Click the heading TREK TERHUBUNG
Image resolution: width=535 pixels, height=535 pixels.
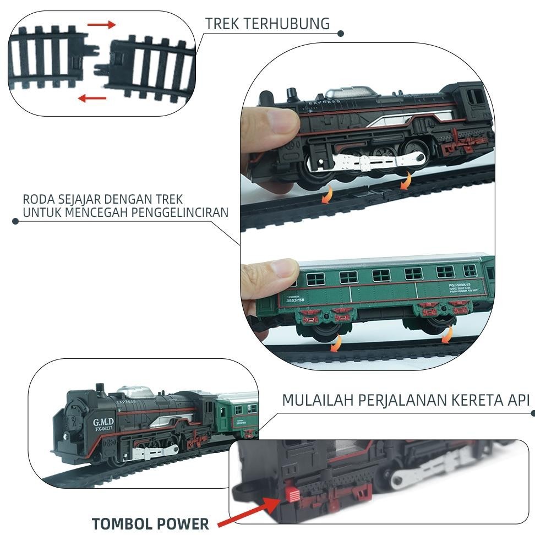tap(267, 24)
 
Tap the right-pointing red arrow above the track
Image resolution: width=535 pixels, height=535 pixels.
tap(102, 25)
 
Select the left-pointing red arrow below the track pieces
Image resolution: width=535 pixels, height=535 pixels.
tap(92, 99)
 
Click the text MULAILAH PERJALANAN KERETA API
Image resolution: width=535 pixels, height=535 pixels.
tap(406, 400)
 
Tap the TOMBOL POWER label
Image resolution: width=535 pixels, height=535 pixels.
tap(150, 523)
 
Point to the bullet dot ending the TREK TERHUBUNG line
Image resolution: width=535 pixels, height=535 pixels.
tap(341, 34)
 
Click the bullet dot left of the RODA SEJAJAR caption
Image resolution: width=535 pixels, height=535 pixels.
tap(15, 221)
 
